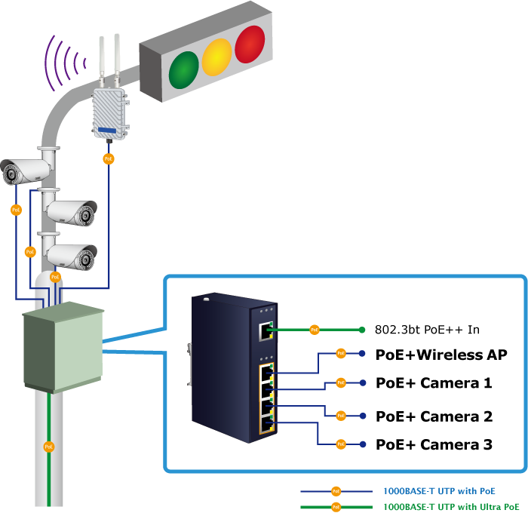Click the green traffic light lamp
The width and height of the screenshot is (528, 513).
pos(183,69)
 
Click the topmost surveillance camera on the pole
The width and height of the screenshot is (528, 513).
pos(26,171)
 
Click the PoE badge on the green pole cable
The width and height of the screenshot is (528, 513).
pos(49,446)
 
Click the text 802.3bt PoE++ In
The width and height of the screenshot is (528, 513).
pos(427,330)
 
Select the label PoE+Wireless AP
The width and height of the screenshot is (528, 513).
pos(441,355)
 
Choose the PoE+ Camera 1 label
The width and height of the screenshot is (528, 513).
pos(434,383)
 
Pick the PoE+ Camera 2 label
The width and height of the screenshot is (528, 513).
pos(434,416)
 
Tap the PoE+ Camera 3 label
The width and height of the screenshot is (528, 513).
pos(434,444)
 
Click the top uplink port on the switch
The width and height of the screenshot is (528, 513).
pos(266,330)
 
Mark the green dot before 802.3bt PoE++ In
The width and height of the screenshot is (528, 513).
pos(362,330)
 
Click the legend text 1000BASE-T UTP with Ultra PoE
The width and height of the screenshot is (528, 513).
pos(451,507)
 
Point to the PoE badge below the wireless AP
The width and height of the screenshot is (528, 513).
pos(109,158)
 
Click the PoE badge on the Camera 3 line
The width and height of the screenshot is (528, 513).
pos(340,444)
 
